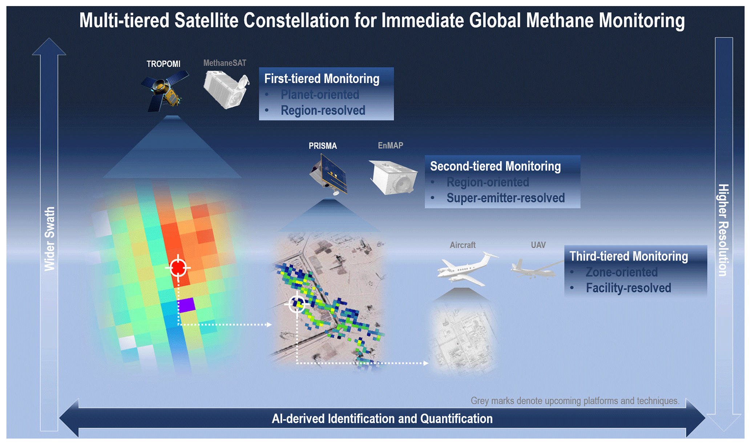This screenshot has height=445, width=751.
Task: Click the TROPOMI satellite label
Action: (163, 64)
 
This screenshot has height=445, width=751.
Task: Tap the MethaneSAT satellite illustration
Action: (226, 89)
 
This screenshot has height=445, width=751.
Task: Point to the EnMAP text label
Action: (391, 145)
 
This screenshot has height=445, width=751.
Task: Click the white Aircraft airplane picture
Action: (467, 269)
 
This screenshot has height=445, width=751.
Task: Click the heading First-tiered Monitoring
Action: (322, 79)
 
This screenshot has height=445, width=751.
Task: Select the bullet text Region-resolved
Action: (323, 110)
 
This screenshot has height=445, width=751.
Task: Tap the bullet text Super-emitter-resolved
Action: (506, 198)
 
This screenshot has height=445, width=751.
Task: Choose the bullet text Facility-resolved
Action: (629, 288)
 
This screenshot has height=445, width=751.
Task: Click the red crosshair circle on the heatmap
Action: (178, 268)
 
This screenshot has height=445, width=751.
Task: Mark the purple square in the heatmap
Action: (186, 305)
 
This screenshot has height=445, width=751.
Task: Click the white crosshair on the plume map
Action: (297, 304)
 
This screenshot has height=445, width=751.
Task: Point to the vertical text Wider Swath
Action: (50, 239)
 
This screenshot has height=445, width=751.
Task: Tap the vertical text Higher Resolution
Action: (723, 230)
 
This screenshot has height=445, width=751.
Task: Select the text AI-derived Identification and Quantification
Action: (382, 418)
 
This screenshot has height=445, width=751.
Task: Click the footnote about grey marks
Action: (575, 401)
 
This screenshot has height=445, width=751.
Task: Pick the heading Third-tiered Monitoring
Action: (629, 256)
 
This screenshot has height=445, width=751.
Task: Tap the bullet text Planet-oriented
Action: (320, 95)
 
